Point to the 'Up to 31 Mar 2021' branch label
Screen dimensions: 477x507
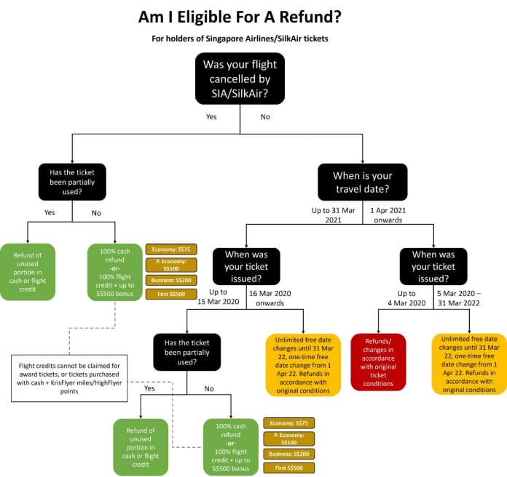pos(323,215)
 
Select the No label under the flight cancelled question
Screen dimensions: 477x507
pos(266,116)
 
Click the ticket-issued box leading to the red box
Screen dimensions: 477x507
pos(433,265)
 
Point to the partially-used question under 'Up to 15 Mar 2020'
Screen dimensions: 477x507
pos(186,352)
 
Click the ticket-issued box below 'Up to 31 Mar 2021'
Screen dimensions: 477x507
pos(246,265)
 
